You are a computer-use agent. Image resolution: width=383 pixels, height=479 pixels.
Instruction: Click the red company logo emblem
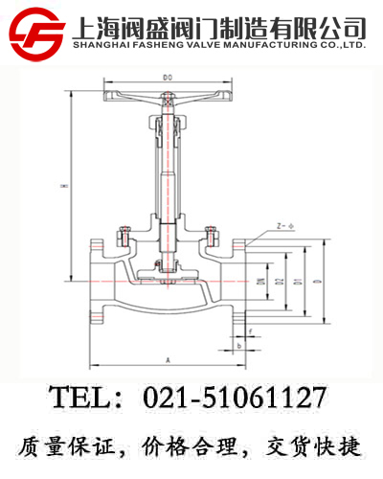(36, 32)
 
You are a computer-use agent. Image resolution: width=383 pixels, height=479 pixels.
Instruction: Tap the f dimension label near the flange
(250, 332)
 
